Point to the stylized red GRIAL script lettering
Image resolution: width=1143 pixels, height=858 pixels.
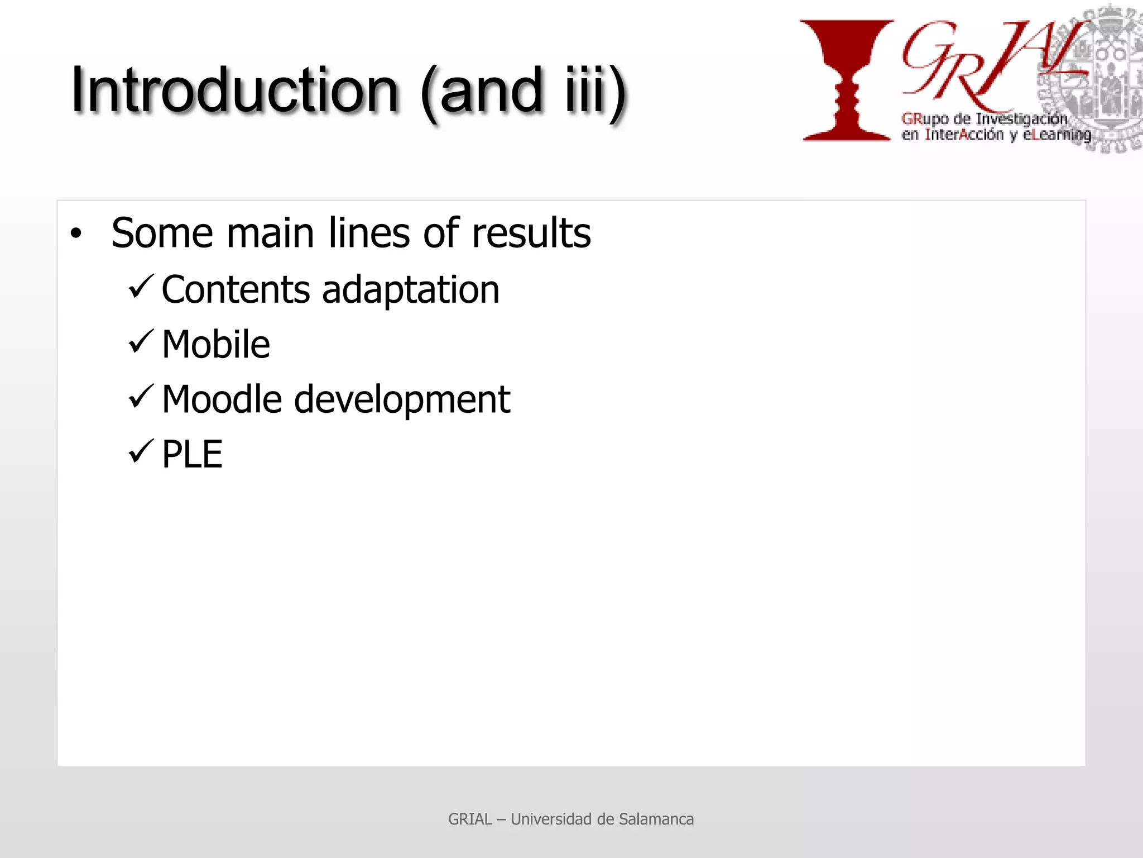coord(988,64)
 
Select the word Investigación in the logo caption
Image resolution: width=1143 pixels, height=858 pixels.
coord(1021,118)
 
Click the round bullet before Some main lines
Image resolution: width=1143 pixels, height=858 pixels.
coord(76,233)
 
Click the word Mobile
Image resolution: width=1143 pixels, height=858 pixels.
coord(216,344)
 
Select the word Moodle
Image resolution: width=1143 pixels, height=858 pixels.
coord(222,399)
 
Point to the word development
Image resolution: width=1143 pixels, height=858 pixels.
coord(402,400)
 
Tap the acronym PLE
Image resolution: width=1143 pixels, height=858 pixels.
coord(192,454)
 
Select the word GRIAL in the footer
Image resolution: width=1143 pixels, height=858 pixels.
coord(470,819)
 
